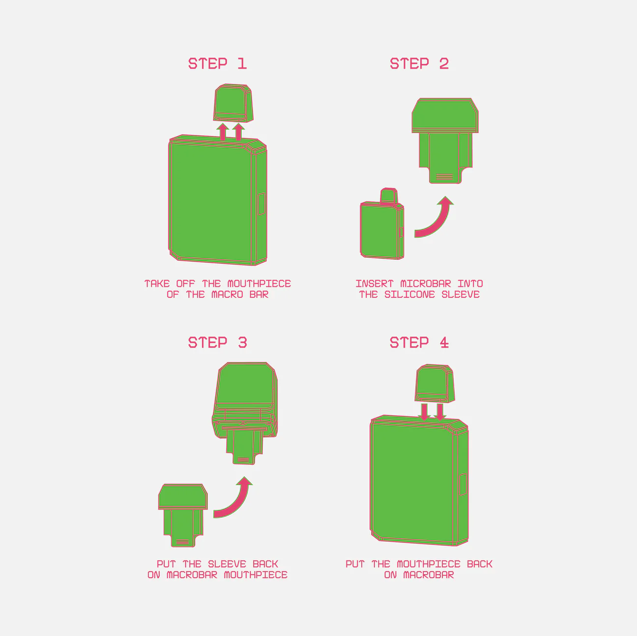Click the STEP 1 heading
(218, 64)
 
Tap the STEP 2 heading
(419, 64)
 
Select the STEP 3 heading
(218, 343)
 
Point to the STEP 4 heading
(419, 343)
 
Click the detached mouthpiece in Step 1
(233, 103)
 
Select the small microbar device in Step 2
(382, 224)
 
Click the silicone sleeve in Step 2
(445, 140)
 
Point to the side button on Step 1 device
(262, 204)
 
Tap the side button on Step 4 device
(463, 484)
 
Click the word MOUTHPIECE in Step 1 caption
(259, 284)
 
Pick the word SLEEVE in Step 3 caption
(227, 564)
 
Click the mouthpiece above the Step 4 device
(434, 383)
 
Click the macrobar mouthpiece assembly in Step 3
(245, 413)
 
